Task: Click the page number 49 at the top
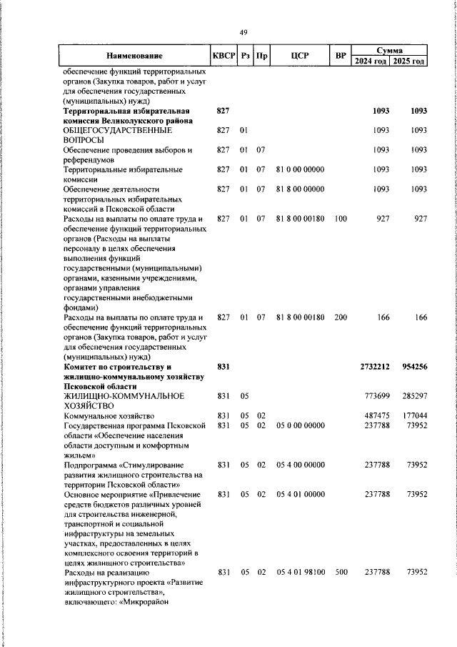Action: (243, 32)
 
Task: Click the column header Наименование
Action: (134, 56)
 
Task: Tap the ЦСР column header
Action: (299, 56)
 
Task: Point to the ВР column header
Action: (341, 56)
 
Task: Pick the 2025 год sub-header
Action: (408, 61)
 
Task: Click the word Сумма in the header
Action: (390, 51)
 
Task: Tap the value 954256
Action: (411, 366)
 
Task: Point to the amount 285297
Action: (412, 395)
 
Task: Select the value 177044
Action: (412, 415)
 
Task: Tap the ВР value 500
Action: (341, 572)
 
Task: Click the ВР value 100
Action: (341, 218)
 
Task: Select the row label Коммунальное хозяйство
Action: (109, 415)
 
